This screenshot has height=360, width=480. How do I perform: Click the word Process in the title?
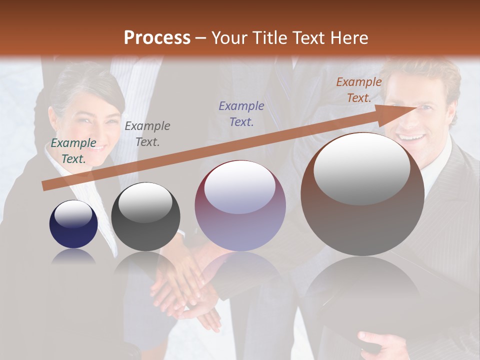(157, 38)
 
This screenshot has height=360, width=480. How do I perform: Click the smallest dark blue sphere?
(73, 224)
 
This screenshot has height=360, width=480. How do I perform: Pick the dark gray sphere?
(145, 217)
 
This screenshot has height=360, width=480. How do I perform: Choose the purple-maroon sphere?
(240, 205)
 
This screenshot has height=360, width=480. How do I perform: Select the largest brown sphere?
(362, 194)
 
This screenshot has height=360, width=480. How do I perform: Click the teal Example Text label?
(73, 151)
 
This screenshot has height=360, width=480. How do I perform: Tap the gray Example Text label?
(147, 134)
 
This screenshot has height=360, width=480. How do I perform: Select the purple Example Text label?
(241, 113)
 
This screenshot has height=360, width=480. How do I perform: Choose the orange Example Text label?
(358, 90)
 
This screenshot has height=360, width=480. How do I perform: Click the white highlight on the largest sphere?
(361, 168)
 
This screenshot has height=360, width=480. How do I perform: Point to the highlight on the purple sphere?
(240, 188)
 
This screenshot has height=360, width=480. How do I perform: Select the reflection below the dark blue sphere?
(73, 256)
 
